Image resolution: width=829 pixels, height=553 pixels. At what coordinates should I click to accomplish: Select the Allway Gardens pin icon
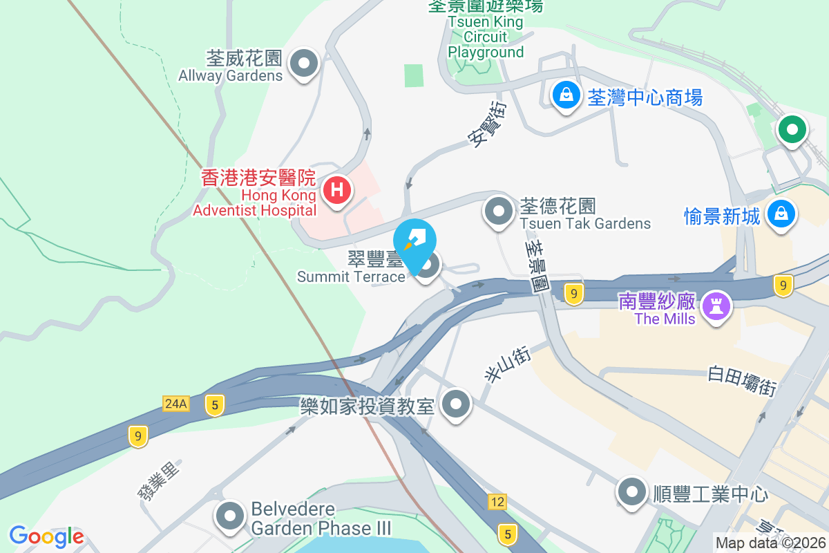[x=303, y=64]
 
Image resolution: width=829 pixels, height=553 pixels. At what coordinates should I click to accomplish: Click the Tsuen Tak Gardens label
[x=585, y=223]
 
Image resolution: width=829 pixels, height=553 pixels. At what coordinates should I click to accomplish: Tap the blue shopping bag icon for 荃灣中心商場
[x=566, y=95]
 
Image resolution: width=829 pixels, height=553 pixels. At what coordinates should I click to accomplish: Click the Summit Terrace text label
[x=351, y=276]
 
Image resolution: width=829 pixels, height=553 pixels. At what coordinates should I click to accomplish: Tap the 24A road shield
[x=176, y=403]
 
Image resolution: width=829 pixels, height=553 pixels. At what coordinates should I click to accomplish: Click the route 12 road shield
[x=497, y=501]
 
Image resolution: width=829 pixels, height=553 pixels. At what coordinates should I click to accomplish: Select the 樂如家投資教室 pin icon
[x=456, y=403]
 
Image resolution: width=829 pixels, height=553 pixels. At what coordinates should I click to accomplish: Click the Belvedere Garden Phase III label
[x=321, y=519]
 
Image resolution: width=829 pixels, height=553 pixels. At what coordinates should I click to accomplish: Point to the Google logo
[x=46, y=536]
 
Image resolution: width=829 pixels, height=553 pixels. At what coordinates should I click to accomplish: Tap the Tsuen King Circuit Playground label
[x=486, y=37]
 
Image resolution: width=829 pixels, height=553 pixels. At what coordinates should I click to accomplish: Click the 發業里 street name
[x=158, y=480]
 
